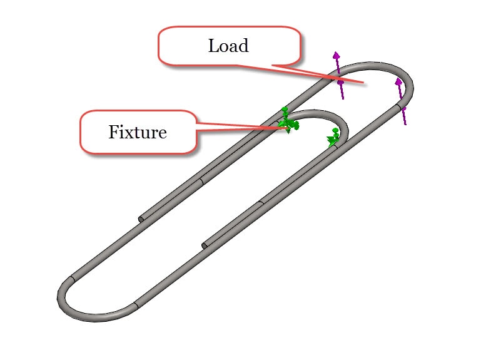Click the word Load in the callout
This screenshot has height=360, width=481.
(228, 46)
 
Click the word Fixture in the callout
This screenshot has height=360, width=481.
(137, 132)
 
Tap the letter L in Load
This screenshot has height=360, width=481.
(213, 46)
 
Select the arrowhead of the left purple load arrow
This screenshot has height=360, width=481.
(337, 55)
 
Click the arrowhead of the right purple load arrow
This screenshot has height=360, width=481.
(398, 81)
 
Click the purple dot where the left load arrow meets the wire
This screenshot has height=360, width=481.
(340, 82)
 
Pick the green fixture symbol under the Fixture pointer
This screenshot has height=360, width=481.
(288, 121)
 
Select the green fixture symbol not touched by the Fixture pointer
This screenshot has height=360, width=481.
(333, 138)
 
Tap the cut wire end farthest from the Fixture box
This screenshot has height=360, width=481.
(205, 244)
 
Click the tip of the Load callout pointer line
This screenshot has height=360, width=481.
(365, 83)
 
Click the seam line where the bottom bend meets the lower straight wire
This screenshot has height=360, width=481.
(136, 307)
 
